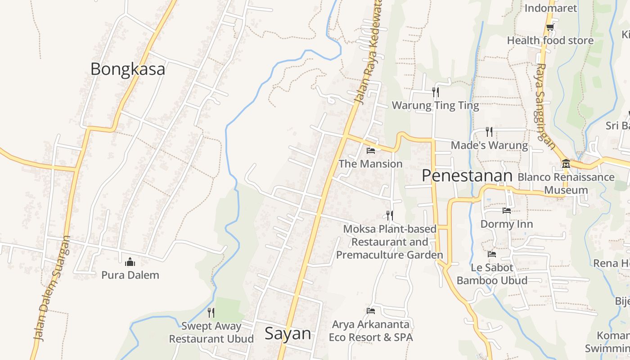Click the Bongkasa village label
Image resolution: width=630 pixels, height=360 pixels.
pyautogui.click(x=128, y=69)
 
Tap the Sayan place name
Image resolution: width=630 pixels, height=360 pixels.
pyautogui.click(x=288, y=333)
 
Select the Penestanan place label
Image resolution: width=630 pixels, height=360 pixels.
pyautogui.click(x=467, y=176)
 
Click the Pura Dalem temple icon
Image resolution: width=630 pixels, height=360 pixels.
pyautogui.click(x=130, y=261)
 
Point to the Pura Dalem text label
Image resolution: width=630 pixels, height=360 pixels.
pyautogui.click(x=130, y=275)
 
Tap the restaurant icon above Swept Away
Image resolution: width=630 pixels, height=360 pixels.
pyautogui.click(x=211, y=312)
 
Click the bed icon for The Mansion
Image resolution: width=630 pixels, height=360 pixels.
pyautogui.click(x=371, y=150)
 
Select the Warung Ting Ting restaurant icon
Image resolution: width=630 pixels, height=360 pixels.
pyautogui.click(x=435, y=92)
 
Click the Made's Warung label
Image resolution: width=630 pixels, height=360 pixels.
pyautogui.click(x=489, y=145)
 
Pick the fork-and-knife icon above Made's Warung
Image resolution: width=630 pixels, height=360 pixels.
pyautogui.click(x=489, y=131)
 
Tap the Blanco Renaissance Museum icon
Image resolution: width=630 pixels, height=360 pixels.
pyautogui.click(x=566, y=163)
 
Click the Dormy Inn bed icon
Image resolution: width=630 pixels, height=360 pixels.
pyautogui.click(x=506, y=210)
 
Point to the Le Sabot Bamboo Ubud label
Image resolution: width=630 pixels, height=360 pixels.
pyautogui.click(x=492, y=274)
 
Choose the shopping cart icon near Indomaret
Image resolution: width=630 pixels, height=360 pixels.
pyautogui.click(x=549, y=27)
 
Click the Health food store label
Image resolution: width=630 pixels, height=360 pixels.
pyautogui.click(x=550, y=40)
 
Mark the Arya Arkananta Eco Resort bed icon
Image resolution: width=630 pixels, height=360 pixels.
pyautogui.click(x=371, y=310)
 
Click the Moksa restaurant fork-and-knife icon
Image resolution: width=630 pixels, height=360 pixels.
pyautogui.click(x=390, y=216)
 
